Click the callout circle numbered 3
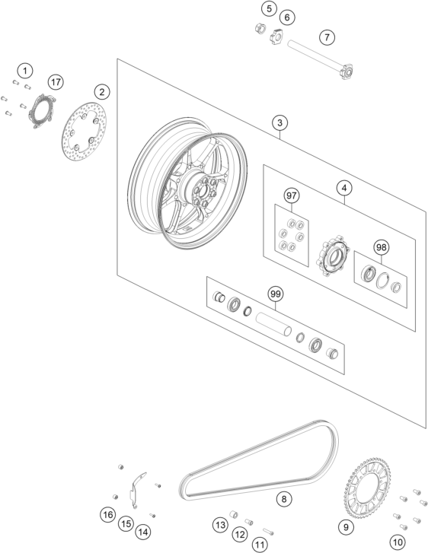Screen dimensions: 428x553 coord(279,122)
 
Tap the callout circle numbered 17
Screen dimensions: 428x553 coord(56,82)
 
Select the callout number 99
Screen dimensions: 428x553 coord(276,294)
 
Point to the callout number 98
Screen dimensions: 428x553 coord(381,247)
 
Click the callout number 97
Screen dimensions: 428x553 coord(292,195)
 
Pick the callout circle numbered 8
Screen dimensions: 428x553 coord(284,499)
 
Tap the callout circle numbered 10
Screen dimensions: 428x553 coord(398,542)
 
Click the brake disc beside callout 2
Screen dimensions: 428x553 coord(84,131)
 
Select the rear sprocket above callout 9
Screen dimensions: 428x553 coord(367,487)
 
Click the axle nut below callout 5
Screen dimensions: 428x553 coord(260,28)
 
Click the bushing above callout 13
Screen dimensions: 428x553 coord(234,513)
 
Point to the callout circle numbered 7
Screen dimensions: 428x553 coord(327,37)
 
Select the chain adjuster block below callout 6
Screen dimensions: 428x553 coord(277,36)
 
